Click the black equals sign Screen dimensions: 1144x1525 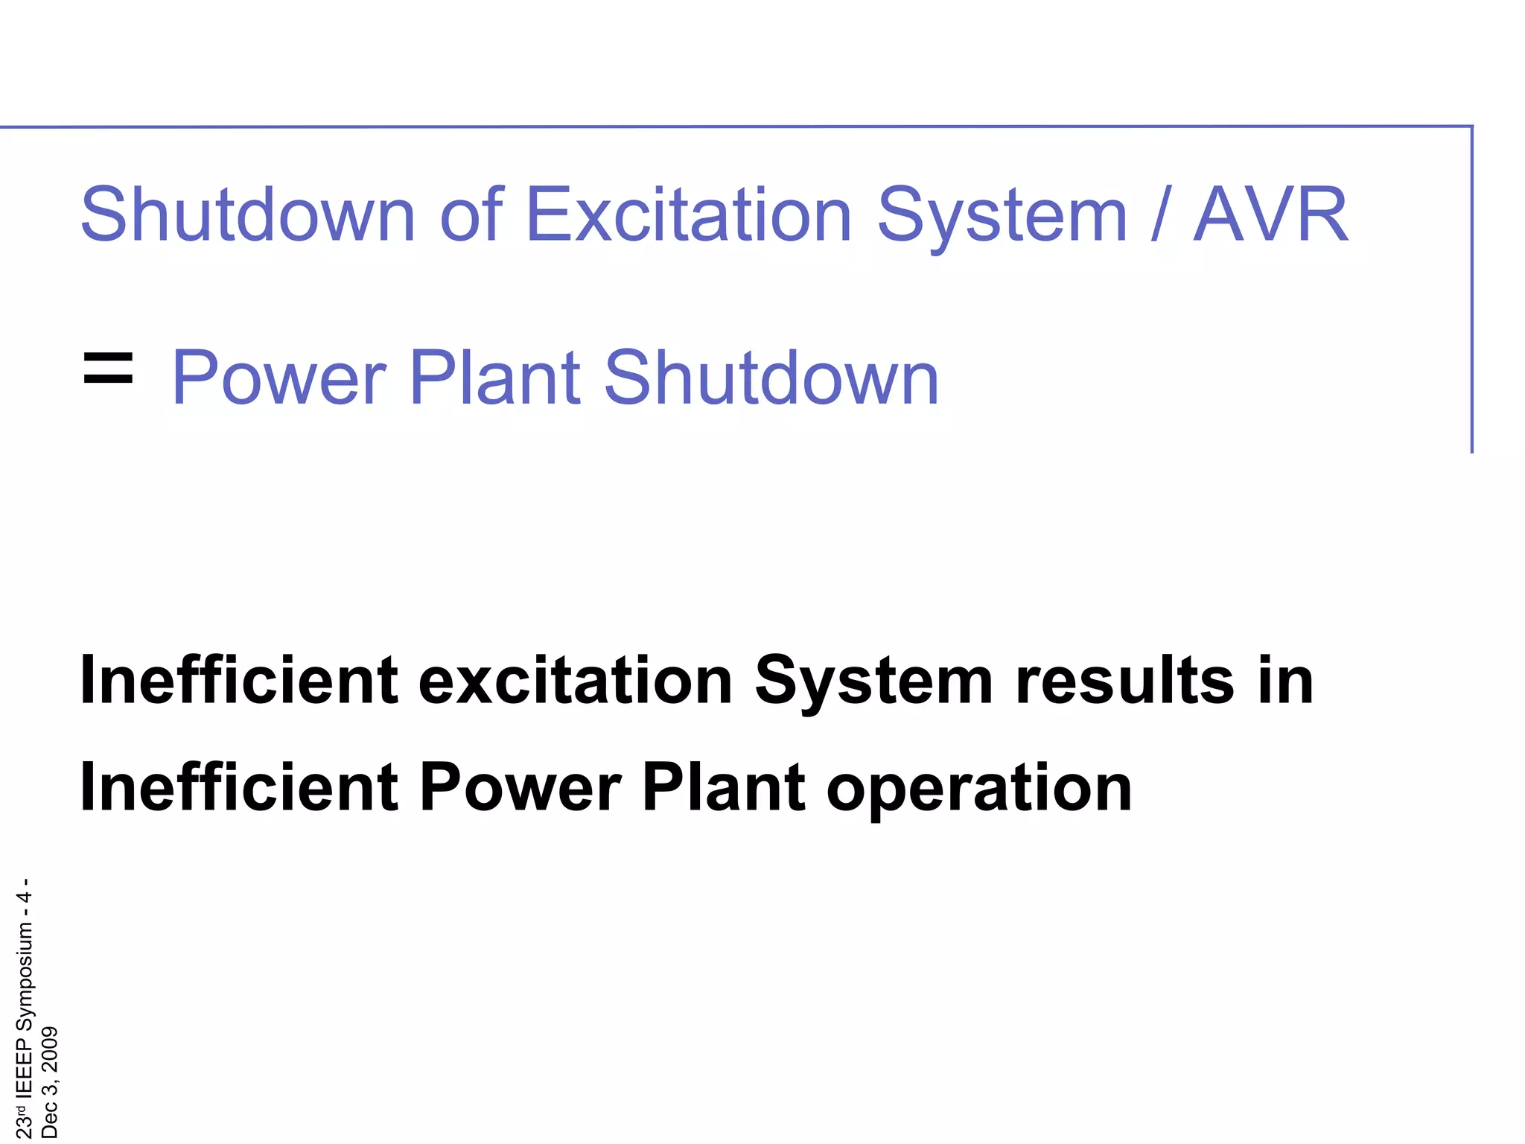pos(109,369)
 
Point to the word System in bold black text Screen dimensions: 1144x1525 pos(874,681)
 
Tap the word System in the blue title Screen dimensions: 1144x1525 pos(1002,216)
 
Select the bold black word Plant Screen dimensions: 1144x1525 pos(723,787)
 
